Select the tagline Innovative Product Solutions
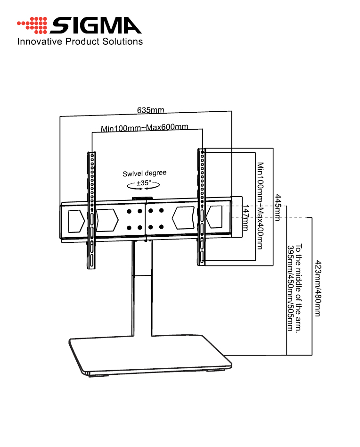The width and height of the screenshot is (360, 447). pos(80,41)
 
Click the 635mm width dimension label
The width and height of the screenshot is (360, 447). pos(150,110)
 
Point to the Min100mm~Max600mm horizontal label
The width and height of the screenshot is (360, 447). pos(145,128)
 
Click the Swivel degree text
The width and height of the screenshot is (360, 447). pos(145,174)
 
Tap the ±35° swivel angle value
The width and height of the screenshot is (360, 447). pos(144,182)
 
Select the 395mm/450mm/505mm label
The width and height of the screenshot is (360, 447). pos(290,288)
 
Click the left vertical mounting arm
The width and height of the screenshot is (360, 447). pos(91,210)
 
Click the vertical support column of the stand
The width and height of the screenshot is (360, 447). pos(142,292)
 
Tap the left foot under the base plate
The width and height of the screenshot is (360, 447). pos(98,375)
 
